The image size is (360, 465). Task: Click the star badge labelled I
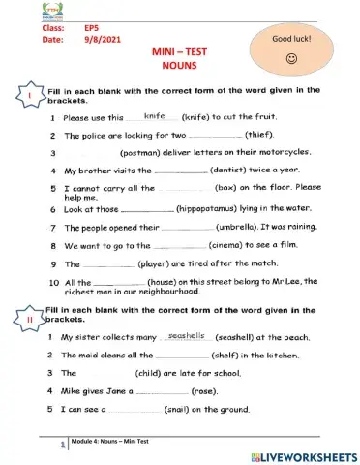point(30,98)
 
